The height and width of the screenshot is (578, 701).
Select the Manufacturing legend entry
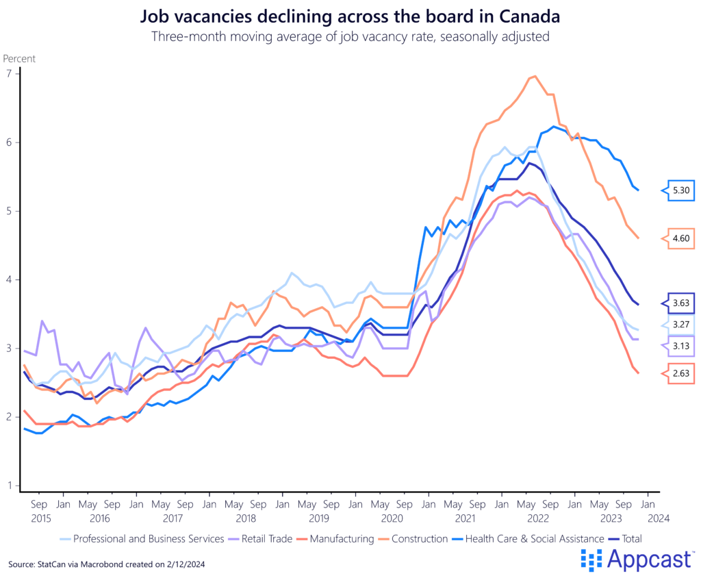click(342, 539)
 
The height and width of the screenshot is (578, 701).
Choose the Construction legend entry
click(416, 539)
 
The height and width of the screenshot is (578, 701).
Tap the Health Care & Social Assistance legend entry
click(535, 539)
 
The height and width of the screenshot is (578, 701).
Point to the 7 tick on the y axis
click(10, 73)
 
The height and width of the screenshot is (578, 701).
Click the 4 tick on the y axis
click(10, 279)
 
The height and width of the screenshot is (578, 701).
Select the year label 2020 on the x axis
click(392, 519)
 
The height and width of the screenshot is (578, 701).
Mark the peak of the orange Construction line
click(535, 76)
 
